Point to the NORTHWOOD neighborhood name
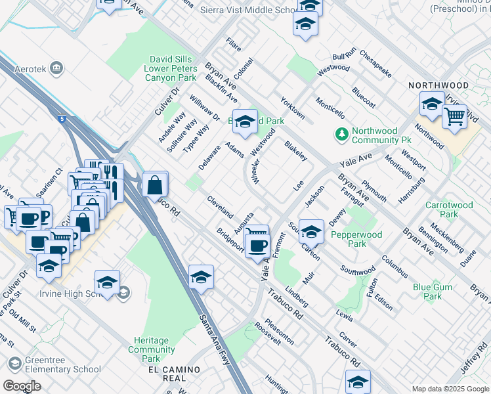[x=438, y=85]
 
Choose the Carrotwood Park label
[x=449, y=209]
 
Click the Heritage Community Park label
[x=151, y=349]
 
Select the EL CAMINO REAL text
[x=173, y=370]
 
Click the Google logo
[x=22, y=386]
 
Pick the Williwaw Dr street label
[x=204, y=107]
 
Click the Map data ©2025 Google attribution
[x=450, y=389]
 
